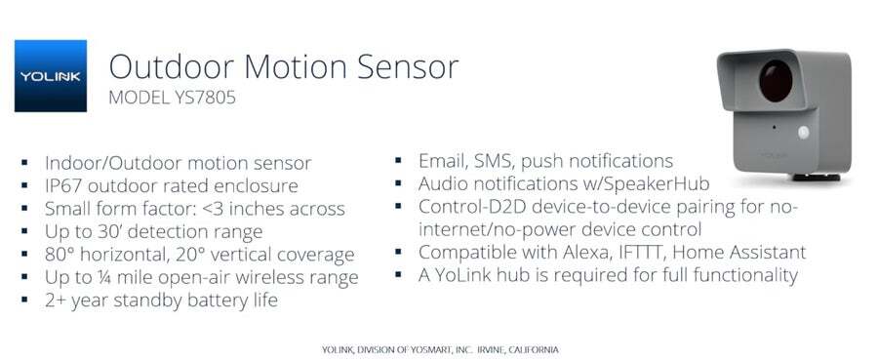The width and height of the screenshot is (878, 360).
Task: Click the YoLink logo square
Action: coord(51,76)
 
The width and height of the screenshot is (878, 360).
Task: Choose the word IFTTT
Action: coord(654,253)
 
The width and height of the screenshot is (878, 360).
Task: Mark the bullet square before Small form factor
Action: coord(24,209)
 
